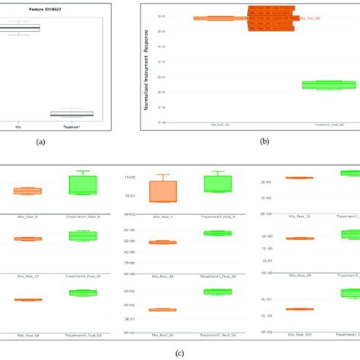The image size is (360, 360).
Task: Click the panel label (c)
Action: pos(181,352)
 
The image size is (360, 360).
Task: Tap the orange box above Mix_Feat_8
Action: pos(28,191)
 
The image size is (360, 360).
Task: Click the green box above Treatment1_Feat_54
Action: pos(83,292)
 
